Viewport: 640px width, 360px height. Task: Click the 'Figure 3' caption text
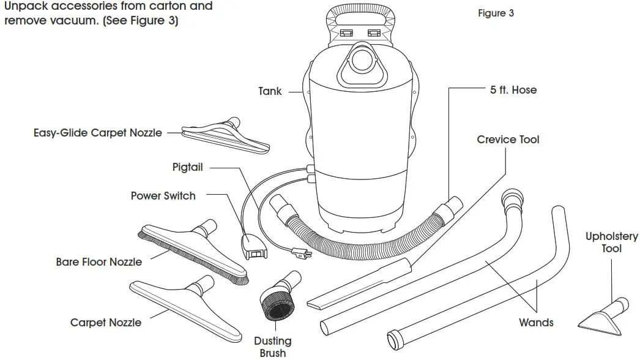496,13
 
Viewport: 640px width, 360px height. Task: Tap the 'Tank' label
270,91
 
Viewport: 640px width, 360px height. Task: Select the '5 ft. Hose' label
513,90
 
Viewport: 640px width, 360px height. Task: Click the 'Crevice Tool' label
508,140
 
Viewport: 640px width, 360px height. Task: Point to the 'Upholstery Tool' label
611,242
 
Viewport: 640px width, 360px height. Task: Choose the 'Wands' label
536,322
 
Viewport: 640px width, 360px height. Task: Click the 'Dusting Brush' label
273,347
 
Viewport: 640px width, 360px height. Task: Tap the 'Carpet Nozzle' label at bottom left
105,323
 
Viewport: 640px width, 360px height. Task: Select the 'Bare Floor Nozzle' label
99,262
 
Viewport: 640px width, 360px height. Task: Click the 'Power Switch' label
163,196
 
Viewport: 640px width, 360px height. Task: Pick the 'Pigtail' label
187,167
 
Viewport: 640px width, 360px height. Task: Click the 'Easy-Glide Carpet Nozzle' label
98,132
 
